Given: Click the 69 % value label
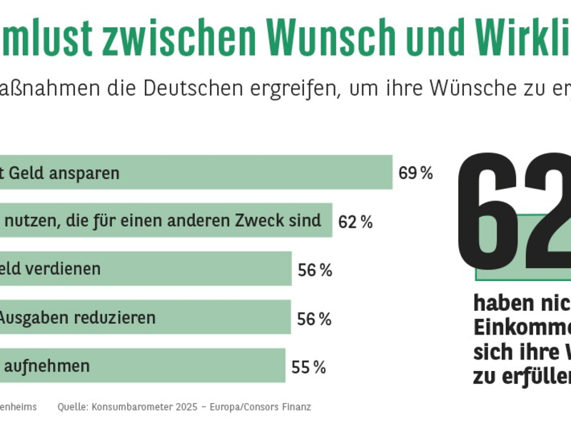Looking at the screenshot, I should click(x=415, y=173).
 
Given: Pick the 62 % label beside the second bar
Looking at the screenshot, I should click(x=355, y=222).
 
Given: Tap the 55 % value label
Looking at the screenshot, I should click(x=308, y=367).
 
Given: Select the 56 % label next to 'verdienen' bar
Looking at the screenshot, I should click(x=315, y=270).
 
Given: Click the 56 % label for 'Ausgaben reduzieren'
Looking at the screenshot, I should click(x=314, y=319).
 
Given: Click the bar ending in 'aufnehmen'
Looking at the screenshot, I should click(x=143, y=366).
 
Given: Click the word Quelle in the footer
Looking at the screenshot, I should click(x=72, y=407).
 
